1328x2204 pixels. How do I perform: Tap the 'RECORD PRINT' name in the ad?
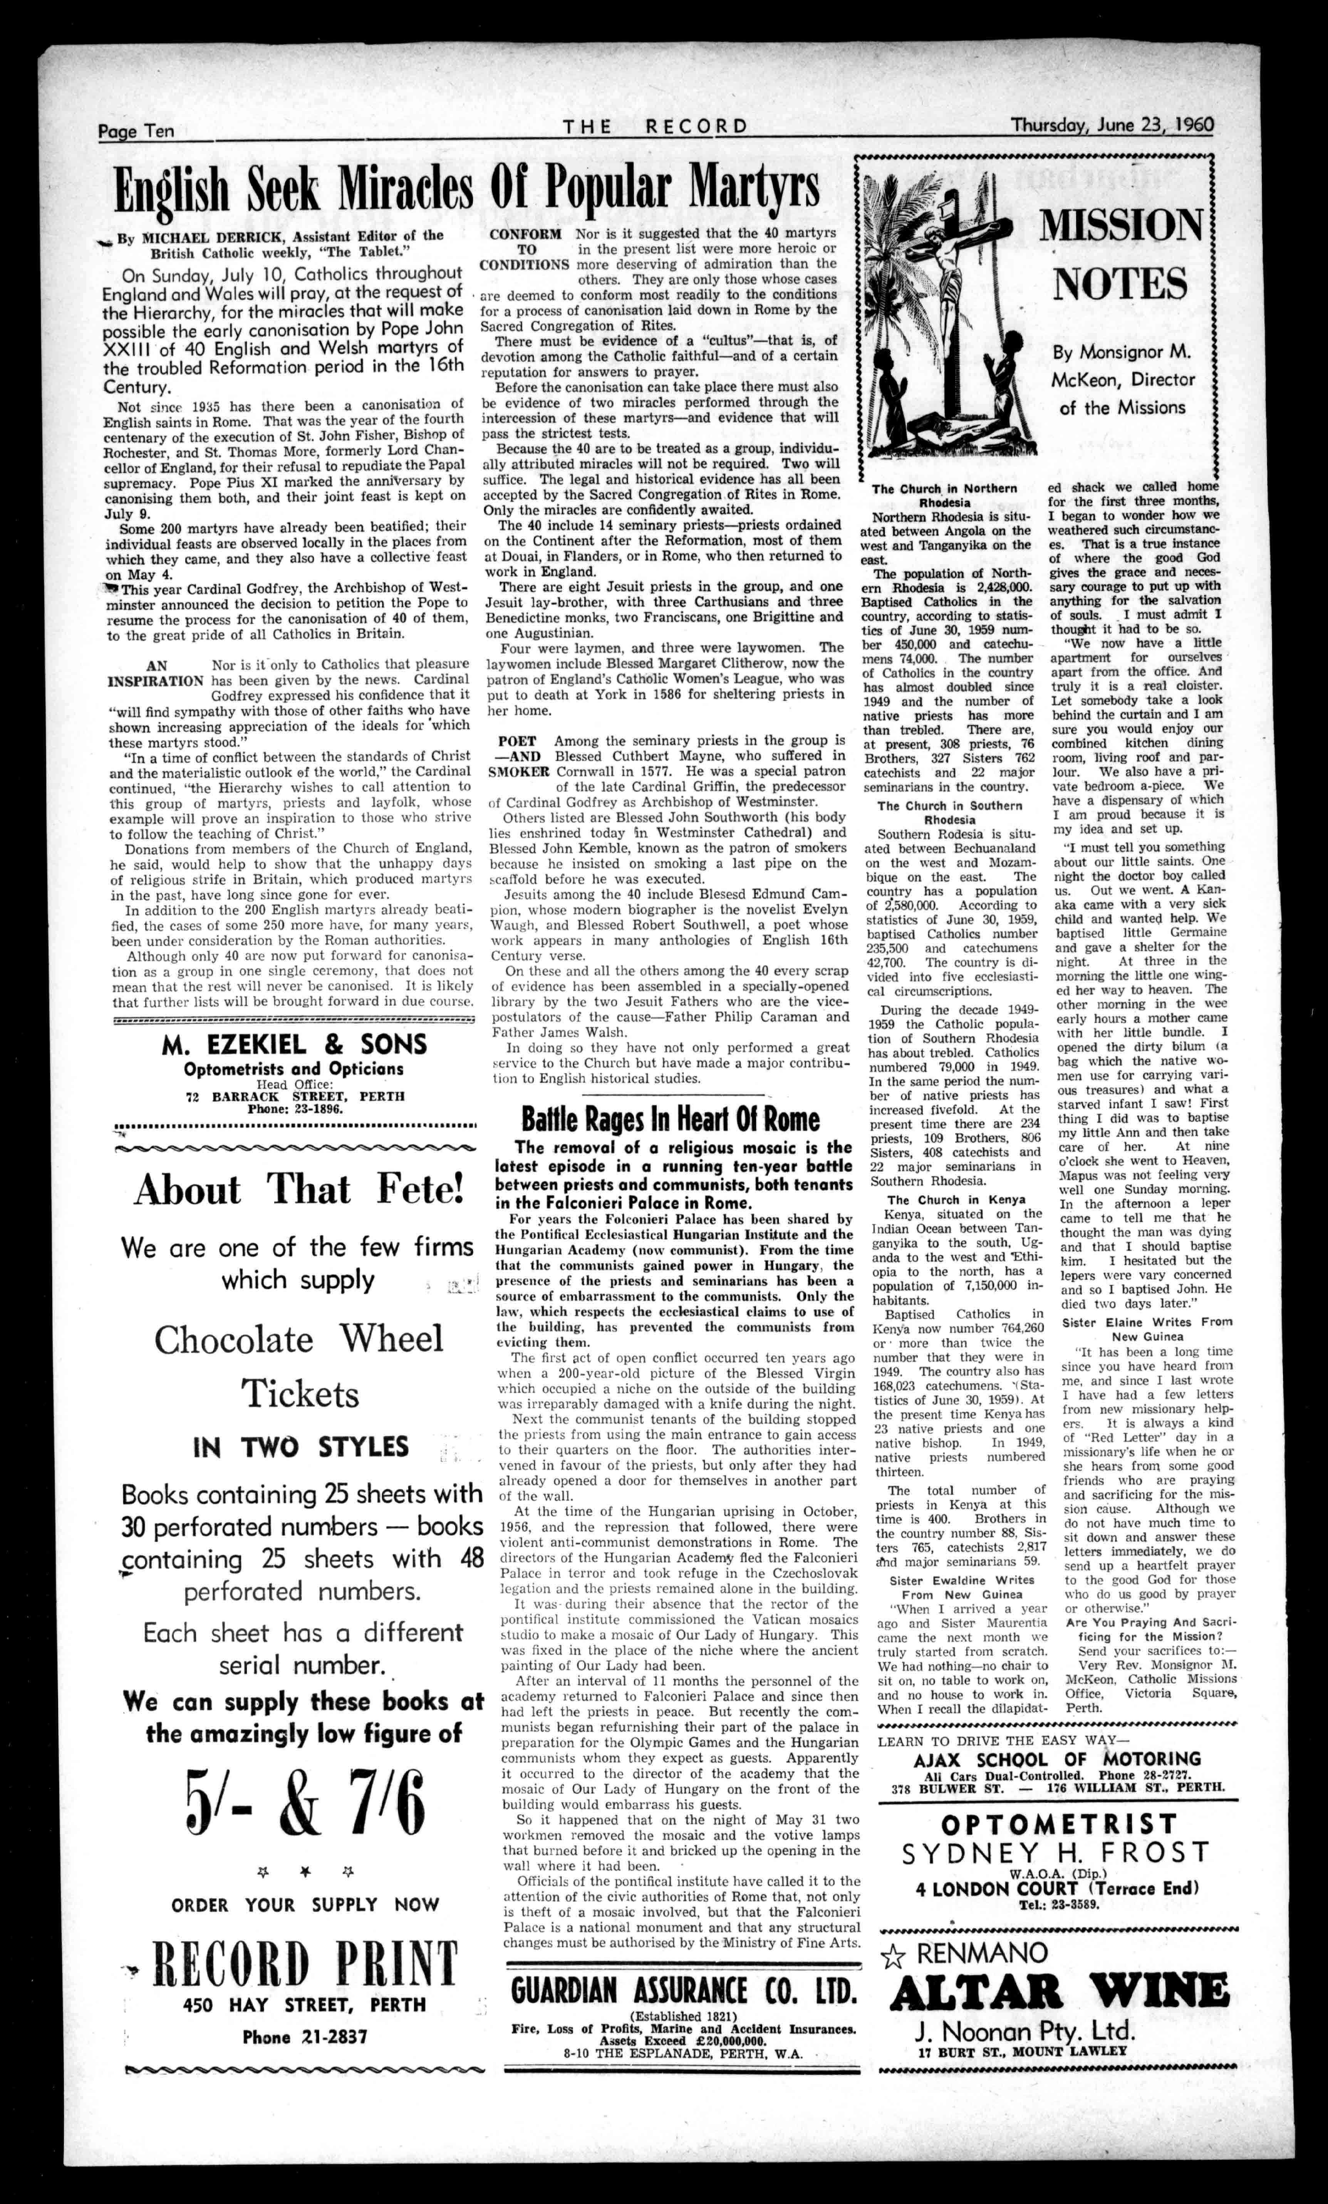[x=306, y=1964]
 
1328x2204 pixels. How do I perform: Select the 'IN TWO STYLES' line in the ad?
[x=301, y=1446]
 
